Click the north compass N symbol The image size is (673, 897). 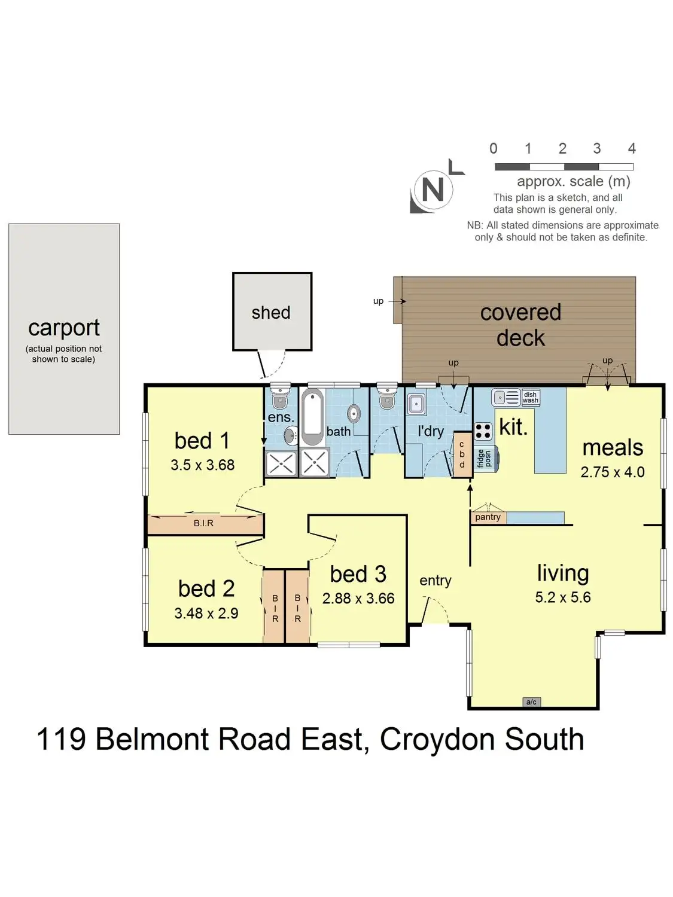(433, 190)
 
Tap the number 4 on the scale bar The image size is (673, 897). (632, 148)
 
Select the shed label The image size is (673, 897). (271, 313)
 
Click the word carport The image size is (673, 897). (64, 328)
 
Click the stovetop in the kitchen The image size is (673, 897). (483, 431)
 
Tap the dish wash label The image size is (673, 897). (531, 398)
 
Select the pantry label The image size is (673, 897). (488, 517)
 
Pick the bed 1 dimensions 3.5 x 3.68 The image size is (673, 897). (203, 465)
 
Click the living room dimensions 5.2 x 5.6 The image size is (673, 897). (563, 597)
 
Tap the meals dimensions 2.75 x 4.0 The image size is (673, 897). (613, 472)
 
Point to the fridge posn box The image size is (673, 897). (487, 459)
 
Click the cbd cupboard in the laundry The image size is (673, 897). (462, 454)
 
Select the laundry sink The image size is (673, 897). (416, 405)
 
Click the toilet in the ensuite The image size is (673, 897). (280, 398)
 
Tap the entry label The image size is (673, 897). (436, 581)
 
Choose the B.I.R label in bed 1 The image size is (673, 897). (203, 523)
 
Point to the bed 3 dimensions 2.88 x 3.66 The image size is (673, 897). (358, 599)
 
